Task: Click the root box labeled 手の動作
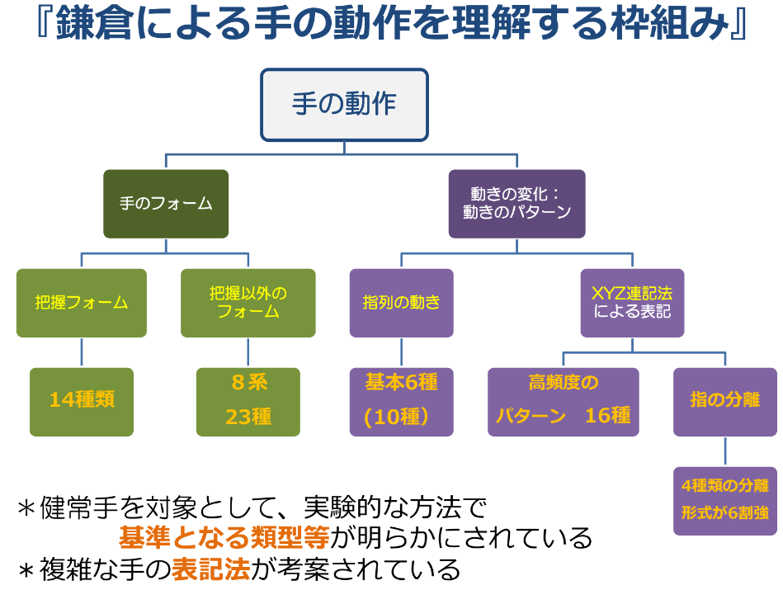(x=344, y=105)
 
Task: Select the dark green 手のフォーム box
(x=166, y=204)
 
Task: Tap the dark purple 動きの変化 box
(x=516, y=204)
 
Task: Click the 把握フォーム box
(x=82, y=302)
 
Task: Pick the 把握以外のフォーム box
(x=248, y=302)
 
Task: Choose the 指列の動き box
(x=401, y=302)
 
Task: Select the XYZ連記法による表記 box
(x=632, y=302)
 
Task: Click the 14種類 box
(x=82, y=401)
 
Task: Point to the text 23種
(x=248, y=418)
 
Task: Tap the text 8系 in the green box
(x=248, y=384)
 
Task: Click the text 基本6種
(x=401, y=383)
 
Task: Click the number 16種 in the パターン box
(x=608, y=416)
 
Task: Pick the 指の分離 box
(x=725, y=401)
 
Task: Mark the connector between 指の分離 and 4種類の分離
(x=725, y=451)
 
